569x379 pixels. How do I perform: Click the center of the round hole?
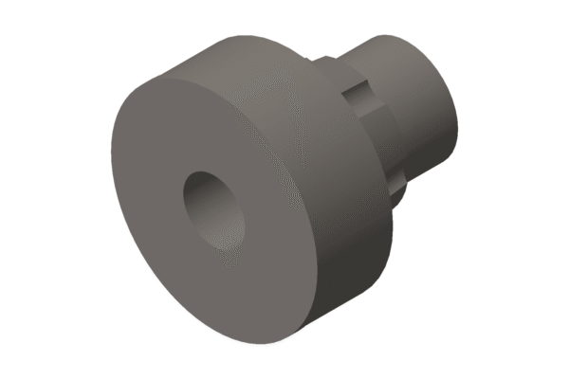coord(213,209)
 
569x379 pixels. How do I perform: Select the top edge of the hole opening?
coord(204,172)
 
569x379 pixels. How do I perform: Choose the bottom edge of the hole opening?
coord(228,249)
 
